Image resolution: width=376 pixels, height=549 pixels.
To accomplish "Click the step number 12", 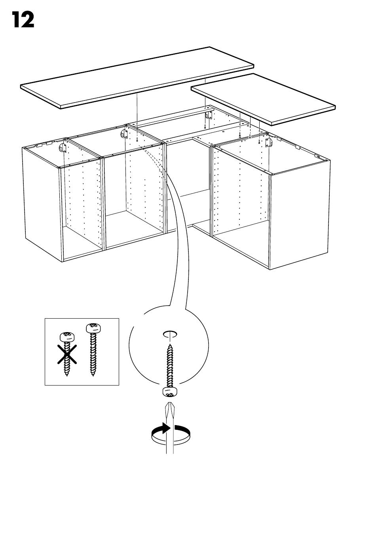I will coord(23,20).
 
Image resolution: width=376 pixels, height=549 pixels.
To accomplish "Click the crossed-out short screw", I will coord(66,352).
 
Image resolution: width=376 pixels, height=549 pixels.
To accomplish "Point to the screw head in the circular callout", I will coord(169,392).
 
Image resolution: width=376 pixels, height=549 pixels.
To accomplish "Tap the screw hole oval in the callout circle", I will coord(170,334).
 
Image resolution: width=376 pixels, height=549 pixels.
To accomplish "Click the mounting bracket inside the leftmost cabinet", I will coord(63,148).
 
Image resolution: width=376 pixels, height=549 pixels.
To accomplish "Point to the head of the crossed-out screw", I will coord(66,337).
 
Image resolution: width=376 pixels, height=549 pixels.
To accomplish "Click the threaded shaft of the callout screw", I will coord(170,364).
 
